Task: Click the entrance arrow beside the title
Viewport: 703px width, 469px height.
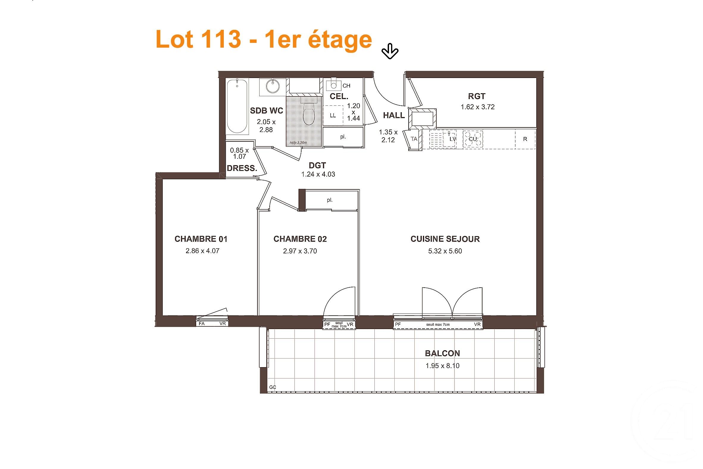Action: pyautogui.click(x=390, y=51)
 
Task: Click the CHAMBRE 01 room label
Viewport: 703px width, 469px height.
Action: pyautogui.click(x=201, y=239)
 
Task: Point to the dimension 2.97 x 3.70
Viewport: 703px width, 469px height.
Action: pyautogui.click(x=300, y=251)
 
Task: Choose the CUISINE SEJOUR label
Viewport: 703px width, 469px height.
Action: pyautogui.click(x=445, y=239)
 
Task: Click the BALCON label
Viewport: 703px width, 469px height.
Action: pyautogui.click(x=442, y=353)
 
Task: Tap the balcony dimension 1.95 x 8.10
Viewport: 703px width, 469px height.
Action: pyautogui.click(x=442, y=365)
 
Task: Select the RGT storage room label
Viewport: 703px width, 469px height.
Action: pyautogui.click(x=477, y=96)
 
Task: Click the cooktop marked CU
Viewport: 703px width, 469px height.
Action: pyautogui.click(x=473, y=139)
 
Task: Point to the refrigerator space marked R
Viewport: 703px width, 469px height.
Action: pyautogui.click(x=525, y=139)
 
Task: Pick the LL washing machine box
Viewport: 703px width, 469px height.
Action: pyautogui.click(x=333, y=116)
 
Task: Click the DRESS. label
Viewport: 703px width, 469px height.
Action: pyautogui.click(x=242, y=168)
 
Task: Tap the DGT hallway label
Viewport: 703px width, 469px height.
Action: pyautogui.click(x=317, y=165)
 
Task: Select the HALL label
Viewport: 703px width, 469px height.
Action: pyautogui.click(x=394, y=115)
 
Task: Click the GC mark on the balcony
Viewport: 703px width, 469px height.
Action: pyautogui.click(x=272, y=387)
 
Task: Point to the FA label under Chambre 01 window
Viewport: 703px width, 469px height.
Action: pyautogui.click(x=201, y=324)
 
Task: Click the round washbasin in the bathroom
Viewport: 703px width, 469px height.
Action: pyautogui.click(x=273, y=86)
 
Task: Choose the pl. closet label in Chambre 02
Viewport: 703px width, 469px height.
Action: pyautogui.click(x=329, y=200)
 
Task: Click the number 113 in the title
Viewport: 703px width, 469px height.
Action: pyautogui.click(x=221, y=39)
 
